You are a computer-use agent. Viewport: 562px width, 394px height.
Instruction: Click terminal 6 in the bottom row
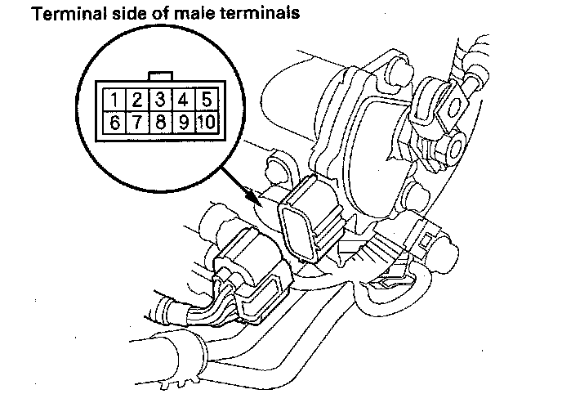coord(117,123)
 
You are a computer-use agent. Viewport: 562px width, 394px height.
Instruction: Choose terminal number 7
coord(138,123)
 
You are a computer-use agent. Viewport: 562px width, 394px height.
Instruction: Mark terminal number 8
coord(161,123)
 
